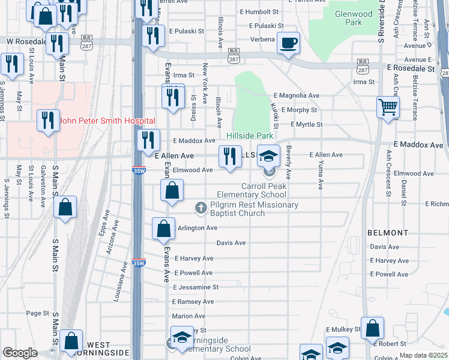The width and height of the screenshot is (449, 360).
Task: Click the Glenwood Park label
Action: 349,17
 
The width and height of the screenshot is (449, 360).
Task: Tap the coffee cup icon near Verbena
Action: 289,43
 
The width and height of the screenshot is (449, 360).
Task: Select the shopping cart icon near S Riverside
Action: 388,107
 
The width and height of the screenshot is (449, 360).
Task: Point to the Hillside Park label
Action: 250,136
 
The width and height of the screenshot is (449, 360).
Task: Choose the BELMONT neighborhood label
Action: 388,232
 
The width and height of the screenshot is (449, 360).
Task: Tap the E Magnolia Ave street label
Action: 297,95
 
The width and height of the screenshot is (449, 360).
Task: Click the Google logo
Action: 20,353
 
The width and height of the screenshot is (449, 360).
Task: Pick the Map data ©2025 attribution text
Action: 423,356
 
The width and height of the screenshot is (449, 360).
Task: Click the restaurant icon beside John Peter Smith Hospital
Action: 49,120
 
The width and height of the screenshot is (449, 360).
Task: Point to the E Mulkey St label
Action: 343,329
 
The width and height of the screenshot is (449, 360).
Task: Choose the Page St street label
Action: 37,313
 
